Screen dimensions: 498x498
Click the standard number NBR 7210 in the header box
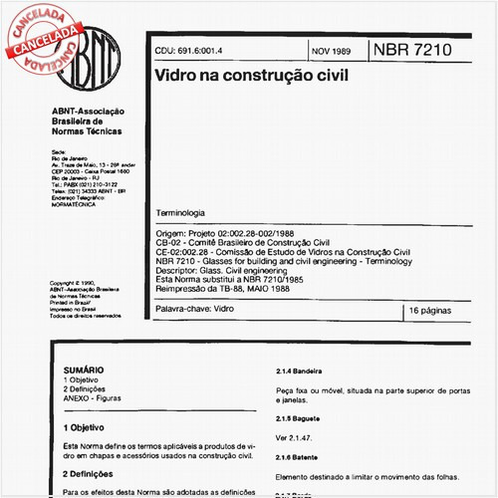(410, 50)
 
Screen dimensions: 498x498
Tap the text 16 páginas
(431, 312)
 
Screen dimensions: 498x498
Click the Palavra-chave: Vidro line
(194, 311)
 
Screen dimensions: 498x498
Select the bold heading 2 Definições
(92, 473)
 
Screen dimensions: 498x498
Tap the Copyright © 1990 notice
(80, 283)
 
